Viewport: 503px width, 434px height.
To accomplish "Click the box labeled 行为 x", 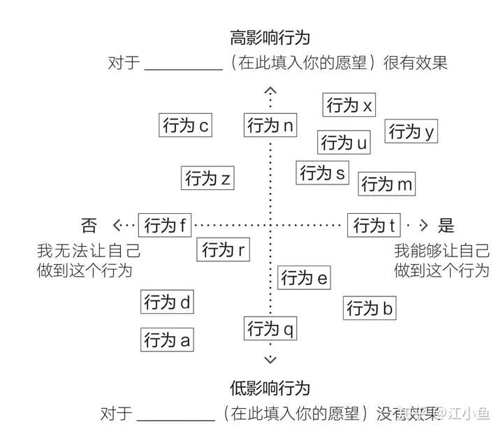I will coord(350,106).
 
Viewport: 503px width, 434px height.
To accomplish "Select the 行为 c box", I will coord(185,126).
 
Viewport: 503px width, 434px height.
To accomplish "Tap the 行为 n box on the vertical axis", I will coord(270,126).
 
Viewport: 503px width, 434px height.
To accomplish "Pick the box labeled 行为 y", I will coord(411,131).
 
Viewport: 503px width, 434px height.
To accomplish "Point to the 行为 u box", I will coord(344,143).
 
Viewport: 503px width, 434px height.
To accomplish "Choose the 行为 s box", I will coord(323,172).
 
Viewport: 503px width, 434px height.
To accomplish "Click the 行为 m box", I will coord(388,184).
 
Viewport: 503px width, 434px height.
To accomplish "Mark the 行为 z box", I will coord(207,178).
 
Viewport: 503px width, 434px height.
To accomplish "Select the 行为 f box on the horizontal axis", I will coord(166,225).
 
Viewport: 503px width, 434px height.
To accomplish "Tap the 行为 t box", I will coord(374,225).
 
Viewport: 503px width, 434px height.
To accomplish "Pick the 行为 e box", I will coord(304,278).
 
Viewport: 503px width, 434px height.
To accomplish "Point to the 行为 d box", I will coord(167,303).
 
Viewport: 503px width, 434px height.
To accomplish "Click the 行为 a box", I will coord(167,340).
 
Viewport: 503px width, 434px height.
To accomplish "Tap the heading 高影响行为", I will coord(270,37).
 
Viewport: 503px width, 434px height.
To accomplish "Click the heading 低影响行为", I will coord(270,387).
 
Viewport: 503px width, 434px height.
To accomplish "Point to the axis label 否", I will coord(89,225).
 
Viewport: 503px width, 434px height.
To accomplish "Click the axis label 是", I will coord(446,225).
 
